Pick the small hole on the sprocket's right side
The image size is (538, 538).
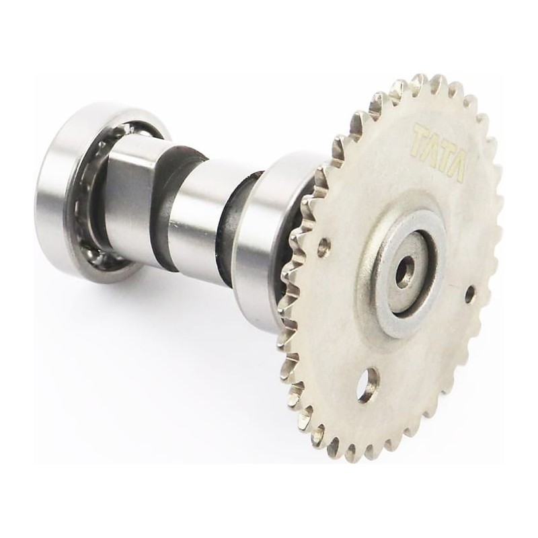[470, 293]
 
